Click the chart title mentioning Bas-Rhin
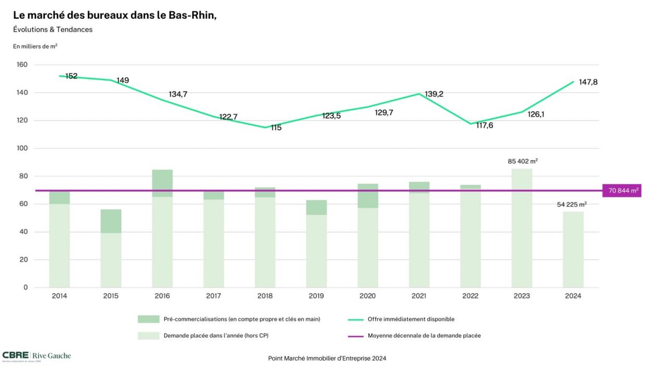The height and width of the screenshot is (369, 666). pyautogui.click(x=114, y=16)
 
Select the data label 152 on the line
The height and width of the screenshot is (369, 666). pyautogui.click(x=71, y=76)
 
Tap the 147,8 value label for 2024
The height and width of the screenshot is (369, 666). pyautogui.click(x=588, y=82)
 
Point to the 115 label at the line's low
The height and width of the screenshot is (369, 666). pyautogui.click(x=276, y=127)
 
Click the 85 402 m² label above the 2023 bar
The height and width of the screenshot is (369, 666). pyautogui.click(x=522, y=161)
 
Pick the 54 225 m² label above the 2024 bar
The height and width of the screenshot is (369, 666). pyautogui.click(x=572, y=204)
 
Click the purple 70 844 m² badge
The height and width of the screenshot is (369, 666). pyautogui.click(x=621, y=191)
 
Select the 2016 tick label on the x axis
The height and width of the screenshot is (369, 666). pyautogui.click(x=162, y=296)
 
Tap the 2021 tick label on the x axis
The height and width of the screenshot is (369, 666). pyautogui.click(x=419, y=296)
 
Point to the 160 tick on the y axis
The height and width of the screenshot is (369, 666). pyautogui.click(x=22, y=65)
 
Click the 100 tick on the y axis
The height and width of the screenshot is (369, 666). pyautogui.click(x=22, y=148)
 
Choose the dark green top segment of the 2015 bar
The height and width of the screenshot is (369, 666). pyautogui.click(x=111, y=221)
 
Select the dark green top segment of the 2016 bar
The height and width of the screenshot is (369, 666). pyautogui.click(x=162, y=180)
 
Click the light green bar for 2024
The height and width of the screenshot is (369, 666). pyautogui.click(x=573, y=249)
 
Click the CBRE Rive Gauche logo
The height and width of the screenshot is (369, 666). pyautogui.click(x=36, y=356)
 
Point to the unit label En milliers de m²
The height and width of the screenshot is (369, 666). pyautogui.click(x=35, y=46)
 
